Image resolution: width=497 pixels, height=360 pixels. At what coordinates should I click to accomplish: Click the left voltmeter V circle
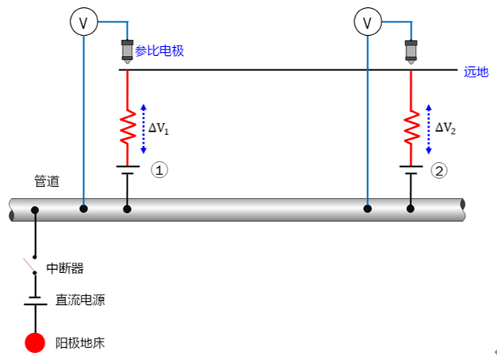click(x=84, y=23)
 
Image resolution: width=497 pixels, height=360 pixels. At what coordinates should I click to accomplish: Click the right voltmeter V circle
click(x=368, y=23)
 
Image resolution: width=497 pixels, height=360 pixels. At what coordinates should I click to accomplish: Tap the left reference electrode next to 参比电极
click(x=126, y=51)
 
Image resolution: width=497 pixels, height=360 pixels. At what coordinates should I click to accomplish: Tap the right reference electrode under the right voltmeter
click(x=411, y=51)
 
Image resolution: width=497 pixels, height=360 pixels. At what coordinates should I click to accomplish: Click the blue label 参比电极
click(x=160, y=50)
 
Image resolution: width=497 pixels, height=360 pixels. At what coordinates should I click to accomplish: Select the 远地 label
click(x=476, y=71)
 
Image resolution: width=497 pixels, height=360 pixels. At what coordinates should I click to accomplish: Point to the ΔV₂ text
click(x=445, y=127)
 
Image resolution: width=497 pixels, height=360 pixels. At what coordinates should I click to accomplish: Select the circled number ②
click(x=439, y=169)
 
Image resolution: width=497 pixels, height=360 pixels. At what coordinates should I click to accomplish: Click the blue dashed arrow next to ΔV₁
click(x=144, y=127)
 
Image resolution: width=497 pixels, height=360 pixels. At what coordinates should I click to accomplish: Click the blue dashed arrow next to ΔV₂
click(x=428, y=127)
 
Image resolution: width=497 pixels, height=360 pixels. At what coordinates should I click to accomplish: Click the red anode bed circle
click(x=35, y=342)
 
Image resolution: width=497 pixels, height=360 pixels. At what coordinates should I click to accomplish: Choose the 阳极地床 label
click(x=80, y=343)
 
